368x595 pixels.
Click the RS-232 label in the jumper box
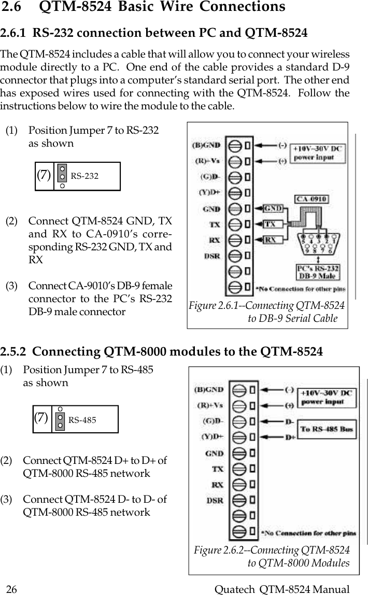(x=84, y=176)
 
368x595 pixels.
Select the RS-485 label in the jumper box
(x=82, y=420)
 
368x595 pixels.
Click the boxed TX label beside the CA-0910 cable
(x=270, y=224)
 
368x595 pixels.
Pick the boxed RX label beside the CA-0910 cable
(x=270, y=240)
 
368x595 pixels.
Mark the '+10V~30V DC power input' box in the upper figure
(x=318, y=153)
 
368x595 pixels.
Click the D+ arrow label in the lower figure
(x=291, y=437)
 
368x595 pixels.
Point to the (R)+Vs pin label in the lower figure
(x=209, y=405)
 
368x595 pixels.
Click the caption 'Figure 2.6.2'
(x=223, y=550)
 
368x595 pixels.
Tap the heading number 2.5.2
(x=15, y=352)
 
